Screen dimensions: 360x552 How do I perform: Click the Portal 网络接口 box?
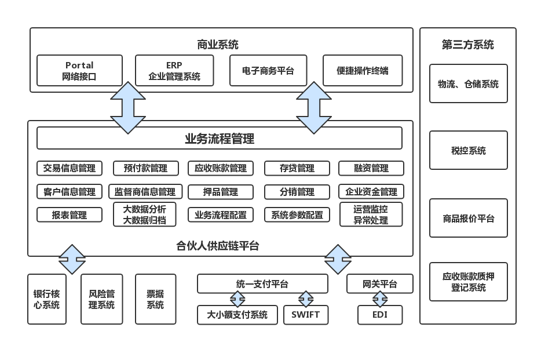[x=79, y=71]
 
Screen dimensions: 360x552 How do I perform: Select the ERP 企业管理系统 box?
[x=174, y=71]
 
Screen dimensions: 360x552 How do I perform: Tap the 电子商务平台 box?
[x=268, y=71]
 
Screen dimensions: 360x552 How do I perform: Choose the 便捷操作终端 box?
[x=363, y=71]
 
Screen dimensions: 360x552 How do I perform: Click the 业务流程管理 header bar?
[x=219, y=139]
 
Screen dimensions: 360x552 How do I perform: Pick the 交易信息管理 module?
[x=70, y=168]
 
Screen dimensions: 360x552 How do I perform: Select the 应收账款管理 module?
[x=221, y=168]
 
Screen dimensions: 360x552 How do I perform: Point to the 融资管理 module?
[x=371, y=168]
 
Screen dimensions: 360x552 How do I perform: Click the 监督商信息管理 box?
[x=145, y=192]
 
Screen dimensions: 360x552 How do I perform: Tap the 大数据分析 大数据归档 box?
[x=145, y=214]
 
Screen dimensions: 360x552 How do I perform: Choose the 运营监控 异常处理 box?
[x=371, y=214]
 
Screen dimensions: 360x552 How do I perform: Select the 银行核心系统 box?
[x=47, y=299]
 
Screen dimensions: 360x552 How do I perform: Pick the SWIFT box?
[x=306, y=315]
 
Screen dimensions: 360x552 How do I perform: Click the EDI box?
[x=380, y=315]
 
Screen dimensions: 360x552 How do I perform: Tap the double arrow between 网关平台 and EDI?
[x=380, y=299]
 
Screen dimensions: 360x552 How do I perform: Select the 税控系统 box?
[x=468, y=151]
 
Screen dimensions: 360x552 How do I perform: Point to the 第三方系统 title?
[x=467, y=45]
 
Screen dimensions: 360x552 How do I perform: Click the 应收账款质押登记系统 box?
[x=468, y=282]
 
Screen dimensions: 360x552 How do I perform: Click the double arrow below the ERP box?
[x=128, y=107]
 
